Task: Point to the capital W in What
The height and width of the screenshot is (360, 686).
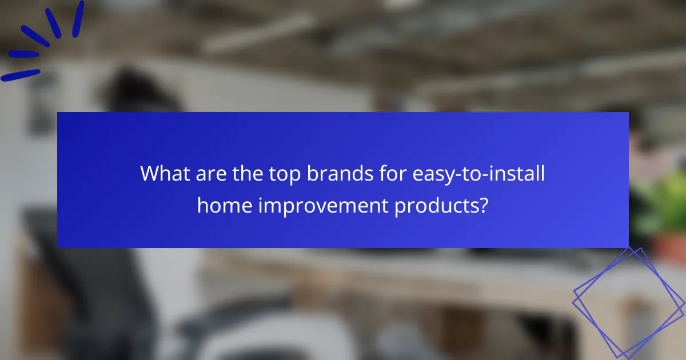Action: click(150, 173)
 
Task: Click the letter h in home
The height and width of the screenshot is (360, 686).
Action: click(202, 205)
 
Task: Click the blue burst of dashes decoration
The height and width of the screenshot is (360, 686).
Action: click(43, 40)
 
